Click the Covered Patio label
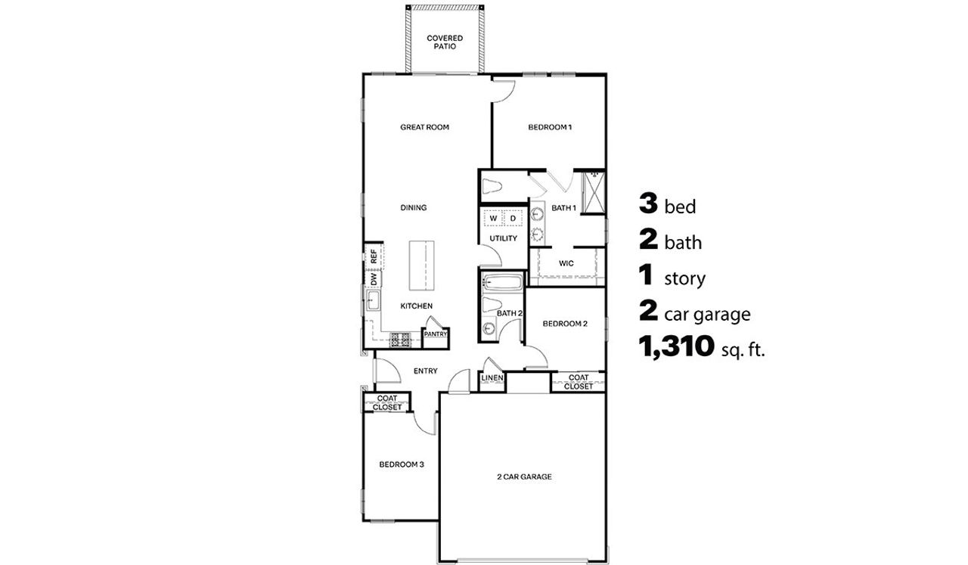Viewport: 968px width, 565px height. coord(444,42)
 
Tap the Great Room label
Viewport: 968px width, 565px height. coord(424,127)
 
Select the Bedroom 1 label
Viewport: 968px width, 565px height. coord(549,127)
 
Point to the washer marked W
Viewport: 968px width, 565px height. coord(493,218)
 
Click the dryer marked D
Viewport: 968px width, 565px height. coord(513,218)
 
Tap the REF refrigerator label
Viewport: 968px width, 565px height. coord(374,256)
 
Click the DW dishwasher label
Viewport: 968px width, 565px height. coord(374,279)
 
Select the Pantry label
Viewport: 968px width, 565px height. coord(435,334)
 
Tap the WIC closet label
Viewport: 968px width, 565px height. coord(566,263)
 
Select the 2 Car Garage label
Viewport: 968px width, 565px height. coord(523,477)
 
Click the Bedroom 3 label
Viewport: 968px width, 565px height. coord(401,464)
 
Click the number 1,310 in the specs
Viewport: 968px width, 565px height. coord(677,347)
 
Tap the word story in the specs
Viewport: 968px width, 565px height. coord(684,279)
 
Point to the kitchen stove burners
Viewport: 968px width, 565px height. coord(400,340)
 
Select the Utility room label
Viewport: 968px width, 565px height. coord(503,238)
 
